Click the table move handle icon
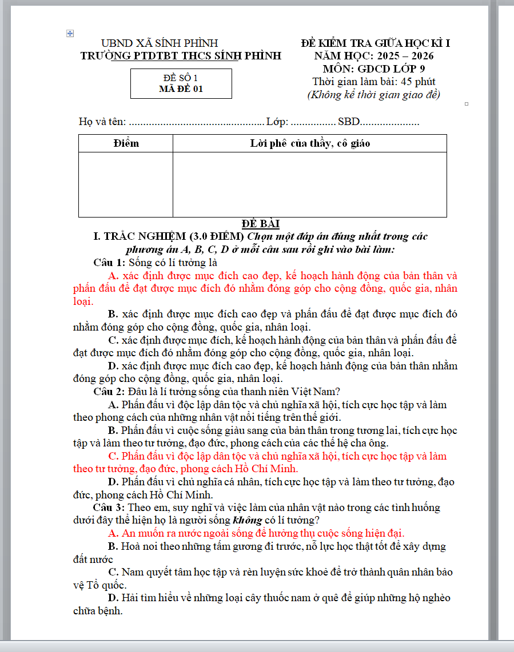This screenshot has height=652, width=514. click(70, 34)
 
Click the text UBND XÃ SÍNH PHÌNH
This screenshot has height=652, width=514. click(160, 43)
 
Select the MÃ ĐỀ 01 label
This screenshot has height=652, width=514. click(181, 89)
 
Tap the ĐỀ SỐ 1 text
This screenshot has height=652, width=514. click(181, 78)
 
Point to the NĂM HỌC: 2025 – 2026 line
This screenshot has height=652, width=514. click(374, 56)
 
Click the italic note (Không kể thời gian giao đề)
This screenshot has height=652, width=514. click(374, 95)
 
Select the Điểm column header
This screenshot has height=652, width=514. click(126, 143)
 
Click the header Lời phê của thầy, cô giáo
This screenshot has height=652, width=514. click(310, 143)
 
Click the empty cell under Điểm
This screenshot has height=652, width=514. click(126, 184)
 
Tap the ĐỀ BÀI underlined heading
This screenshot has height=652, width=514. click(260, 224)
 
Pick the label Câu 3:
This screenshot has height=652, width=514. click(109, 508)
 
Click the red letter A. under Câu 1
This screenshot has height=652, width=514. click(113, 276)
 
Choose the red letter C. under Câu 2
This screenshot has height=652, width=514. click(113, 456)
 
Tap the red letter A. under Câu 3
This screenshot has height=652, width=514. click(113, 533)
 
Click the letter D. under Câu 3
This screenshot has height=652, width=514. click(113, 598)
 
